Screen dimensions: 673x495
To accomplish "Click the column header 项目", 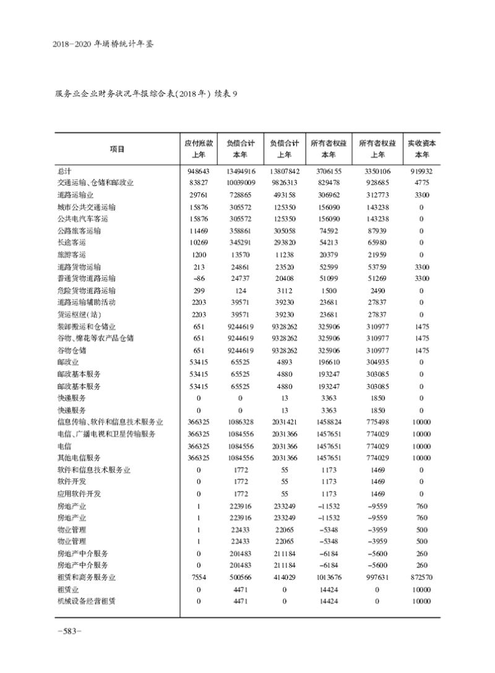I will point(116,148).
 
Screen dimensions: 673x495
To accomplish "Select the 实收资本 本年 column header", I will point(421,148).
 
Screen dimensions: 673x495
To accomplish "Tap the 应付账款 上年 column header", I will point(199,148).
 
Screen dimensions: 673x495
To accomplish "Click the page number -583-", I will point(69,631).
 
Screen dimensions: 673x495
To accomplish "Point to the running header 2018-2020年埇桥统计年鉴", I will point(103,45).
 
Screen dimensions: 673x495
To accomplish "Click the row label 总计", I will point(64,170).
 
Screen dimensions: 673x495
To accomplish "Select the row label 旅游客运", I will point(71,254).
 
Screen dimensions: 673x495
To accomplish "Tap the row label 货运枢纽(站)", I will point(77,314).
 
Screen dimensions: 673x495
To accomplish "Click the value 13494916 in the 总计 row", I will point(240,170).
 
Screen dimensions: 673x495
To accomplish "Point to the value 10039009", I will point(240,182).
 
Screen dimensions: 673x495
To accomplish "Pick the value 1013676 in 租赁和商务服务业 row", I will point(328,577).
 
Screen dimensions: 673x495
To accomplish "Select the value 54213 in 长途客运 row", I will point(328,242).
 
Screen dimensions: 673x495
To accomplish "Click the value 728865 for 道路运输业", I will point(240,194).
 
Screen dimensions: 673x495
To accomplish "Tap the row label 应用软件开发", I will point(78,494).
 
